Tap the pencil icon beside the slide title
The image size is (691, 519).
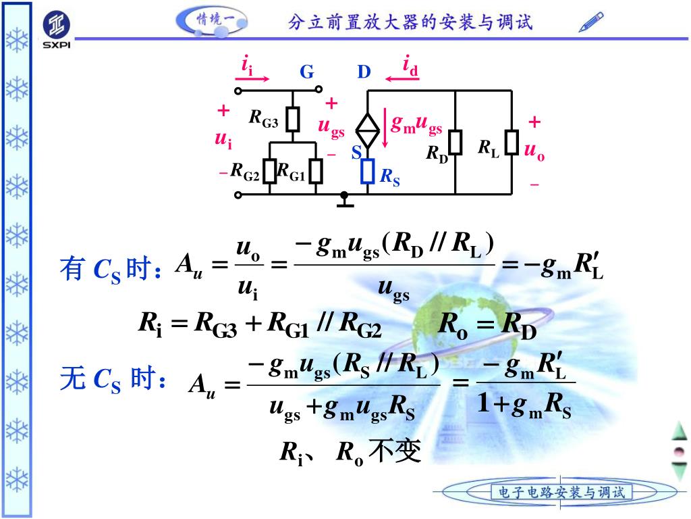(591, 22)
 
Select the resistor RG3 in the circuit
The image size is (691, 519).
(292, 120)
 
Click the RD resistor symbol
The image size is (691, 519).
(456, 143)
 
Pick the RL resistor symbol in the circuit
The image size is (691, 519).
(512, 143)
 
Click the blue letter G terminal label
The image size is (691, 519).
(307, 72)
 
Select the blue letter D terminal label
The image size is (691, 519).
(364, 72)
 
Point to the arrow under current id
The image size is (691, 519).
(403, 79)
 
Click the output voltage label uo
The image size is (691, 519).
(534, 151)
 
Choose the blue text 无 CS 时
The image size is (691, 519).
(113, 380)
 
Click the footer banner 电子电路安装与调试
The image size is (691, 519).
(561, 492)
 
